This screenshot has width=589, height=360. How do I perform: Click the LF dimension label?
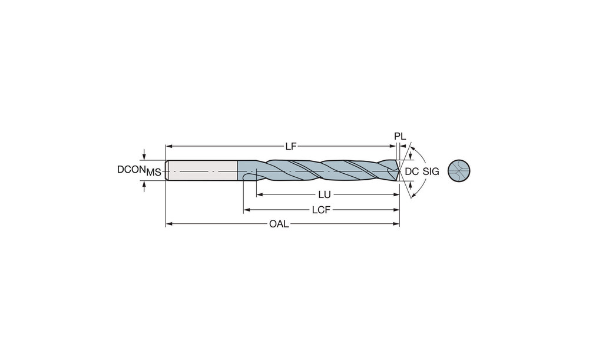[x=291, y=146]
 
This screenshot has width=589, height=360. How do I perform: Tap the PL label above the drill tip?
[x=400, y=137]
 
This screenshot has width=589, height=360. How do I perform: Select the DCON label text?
[x=131, y=170]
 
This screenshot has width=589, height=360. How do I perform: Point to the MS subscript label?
[x=154, y=173]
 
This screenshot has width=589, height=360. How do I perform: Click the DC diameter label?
[x=412, y=171]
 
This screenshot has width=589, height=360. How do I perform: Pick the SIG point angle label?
[x=431, y=171]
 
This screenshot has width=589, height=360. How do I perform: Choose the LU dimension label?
[x=324, y=194]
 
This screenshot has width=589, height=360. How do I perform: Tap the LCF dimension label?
[x=321, y=210]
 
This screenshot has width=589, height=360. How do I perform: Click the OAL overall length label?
[x=279, y=224]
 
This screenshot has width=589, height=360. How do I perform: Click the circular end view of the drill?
[x=459, y=171]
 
